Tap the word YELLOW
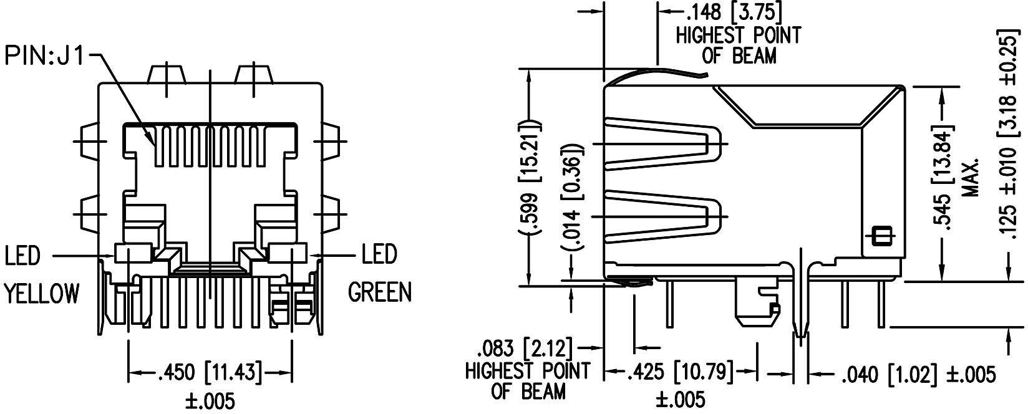42,293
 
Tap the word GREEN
379,292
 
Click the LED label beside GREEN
379,254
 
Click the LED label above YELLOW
22,256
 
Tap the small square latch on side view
881,236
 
